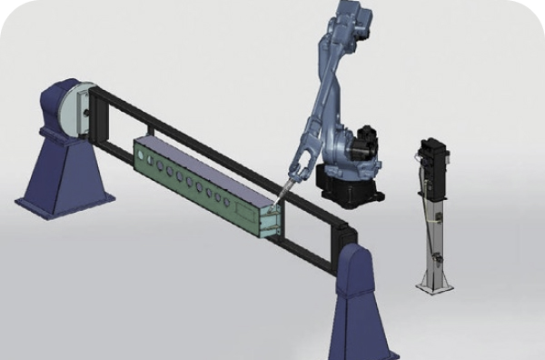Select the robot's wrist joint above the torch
point(299,168)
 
